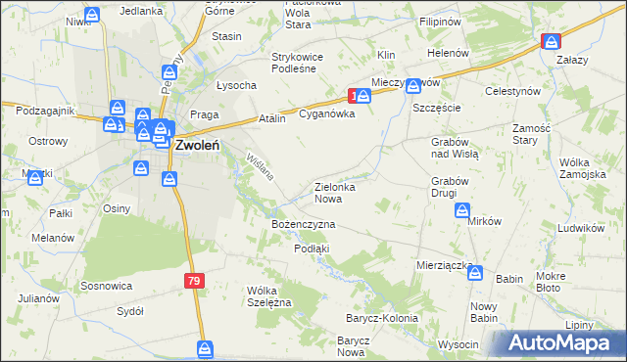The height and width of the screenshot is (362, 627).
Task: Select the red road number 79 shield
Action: [194, 281]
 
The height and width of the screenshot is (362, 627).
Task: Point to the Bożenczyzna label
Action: [304, 224]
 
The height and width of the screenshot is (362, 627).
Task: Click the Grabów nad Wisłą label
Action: [453, 148]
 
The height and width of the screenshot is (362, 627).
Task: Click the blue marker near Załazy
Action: [552, 42]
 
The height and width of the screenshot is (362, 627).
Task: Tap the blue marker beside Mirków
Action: [462, 210]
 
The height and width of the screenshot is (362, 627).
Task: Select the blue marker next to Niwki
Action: [92, 16]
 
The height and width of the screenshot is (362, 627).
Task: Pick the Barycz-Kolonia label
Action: [381, 319]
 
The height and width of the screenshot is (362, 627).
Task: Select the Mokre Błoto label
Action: [563, 282]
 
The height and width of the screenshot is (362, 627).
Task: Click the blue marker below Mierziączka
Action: [475, 272]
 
